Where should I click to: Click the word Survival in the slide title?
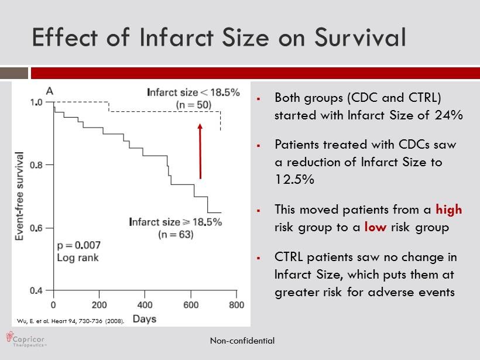point(360,37)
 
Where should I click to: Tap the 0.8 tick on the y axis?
point(36,165)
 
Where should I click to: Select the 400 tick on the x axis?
point(145,305)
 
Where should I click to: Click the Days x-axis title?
point(144,319)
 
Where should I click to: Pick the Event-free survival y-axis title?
point(19,196)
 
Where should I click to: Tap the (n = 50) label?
point(193,104)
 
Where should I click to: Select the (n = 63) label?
point(176,234)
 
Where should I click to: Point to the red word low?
point(375,227)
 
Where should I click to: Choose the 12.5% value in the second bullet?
point(294,180)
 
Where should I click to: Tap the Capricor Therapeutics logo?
point(26,340)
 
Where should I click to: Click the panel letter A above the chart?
point(50,91)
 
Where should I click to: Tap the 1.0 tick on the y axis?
point(36,102)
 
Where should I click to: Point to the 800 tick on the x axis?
point(236,305)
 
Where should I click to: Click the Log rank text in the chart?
point(78,257)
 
